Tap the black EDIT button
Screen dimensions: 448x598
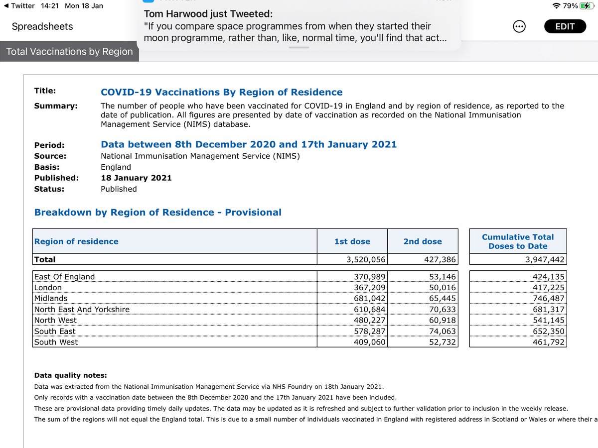[x=565, y=27]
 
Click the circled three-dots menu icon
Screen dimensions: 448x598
[x=519, y=27]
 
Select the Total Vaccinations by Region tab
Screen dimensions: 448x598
[x=69, y=52]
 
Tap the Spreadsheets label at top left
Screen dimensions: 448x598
[x=42, y=27]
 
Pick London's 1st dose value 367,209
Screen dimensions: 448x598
[x=368, y=287]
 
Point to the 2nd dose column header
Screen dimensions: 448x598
[x=423, y=241]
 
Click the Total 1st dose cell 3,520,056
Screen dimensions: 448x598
[x=365, y=259]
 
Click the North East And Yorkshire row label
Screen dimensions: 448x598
[x=82, y=309]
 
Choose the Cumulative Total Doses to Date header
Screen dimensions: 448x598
[x=518, y=241]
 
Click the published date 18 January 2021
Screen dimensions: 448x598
[x=136, y=178]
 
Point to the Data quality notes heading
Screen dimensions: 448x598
[x=70, y=375]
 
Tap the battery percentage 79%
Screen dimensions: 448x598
[x=571, y=6]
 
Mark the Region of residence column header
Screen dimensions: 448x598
[x=76, y=241]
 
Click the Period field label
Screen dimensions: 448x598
[x=49, y=145]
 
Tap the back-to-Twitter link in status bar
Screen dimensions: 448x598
[x=19, y=6]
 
